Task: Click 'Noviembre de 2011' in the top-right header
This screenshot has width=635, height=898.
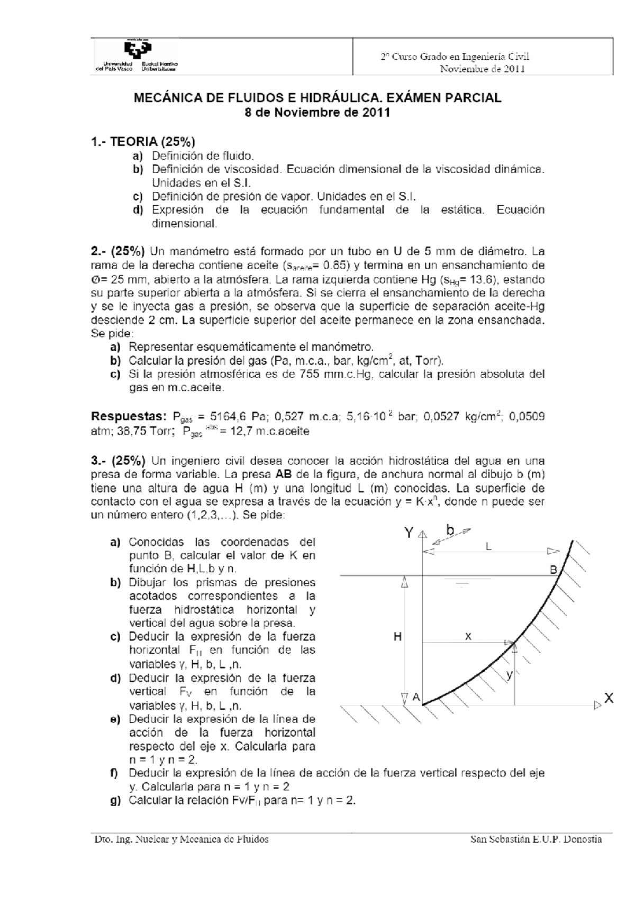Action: pos(482,69)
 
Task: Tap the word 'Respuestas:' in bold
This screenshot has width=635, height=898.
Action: pos(125,417)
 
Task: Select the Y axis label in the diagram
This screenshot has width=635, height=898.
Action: pos(409,533)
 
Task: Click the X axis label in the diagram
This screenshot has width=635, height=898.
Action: pos(609,699)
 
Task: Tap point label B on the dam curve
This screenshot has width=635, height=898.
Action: pos(553,570)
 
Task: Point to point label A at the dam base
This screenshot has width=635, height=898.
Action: pos(416,698)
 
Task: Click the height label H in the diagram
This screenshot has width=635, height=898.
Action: pos(397,637)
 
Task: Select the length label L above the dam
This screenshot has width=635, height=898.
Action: pos(489,547)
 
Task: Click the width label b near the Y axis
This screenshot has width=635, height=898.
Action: pos(450,529)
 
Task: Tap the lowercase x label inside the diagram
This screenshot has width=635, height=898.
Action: pos(468,637)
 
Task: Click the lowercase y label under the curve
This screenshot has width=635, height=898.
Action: pos(509,675)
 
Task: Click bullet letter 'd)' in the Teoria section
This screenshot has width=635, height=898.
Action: pos(138,210)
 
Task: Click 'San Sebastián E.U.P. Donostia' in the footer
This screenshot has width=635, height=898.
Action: pos(536,840)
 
